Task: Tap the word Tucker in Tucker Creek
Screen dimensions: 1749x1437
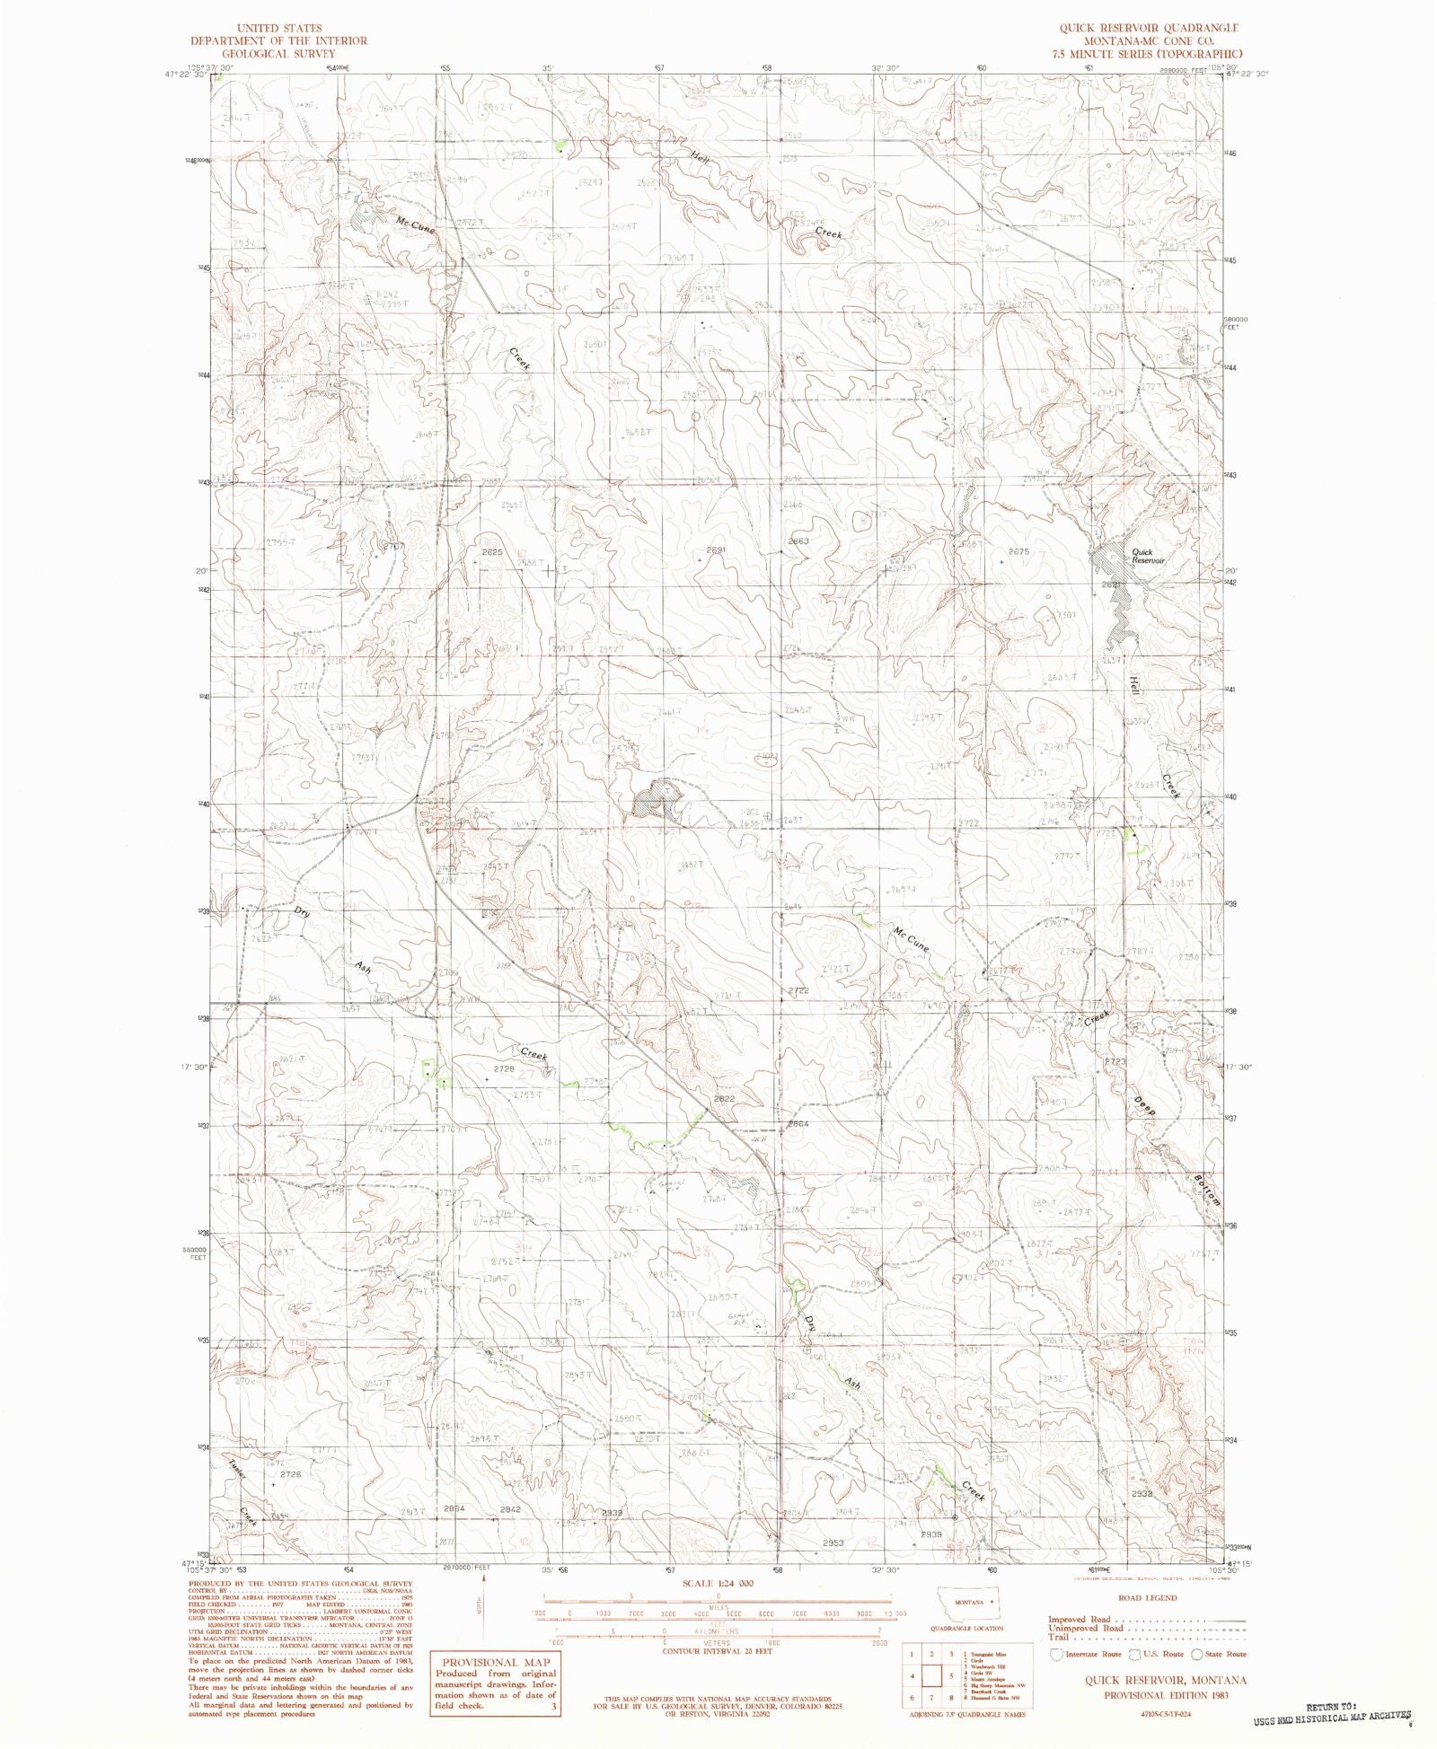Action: (236, 1471)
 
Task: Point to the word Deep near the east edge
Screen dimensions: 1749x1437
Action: (1143, 1106)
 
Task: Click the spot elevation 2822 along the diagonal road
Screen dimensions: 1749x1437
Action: (724, 1099)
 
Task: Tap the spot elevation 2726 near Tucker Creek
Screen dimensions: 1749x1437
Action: (289, 1474)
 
